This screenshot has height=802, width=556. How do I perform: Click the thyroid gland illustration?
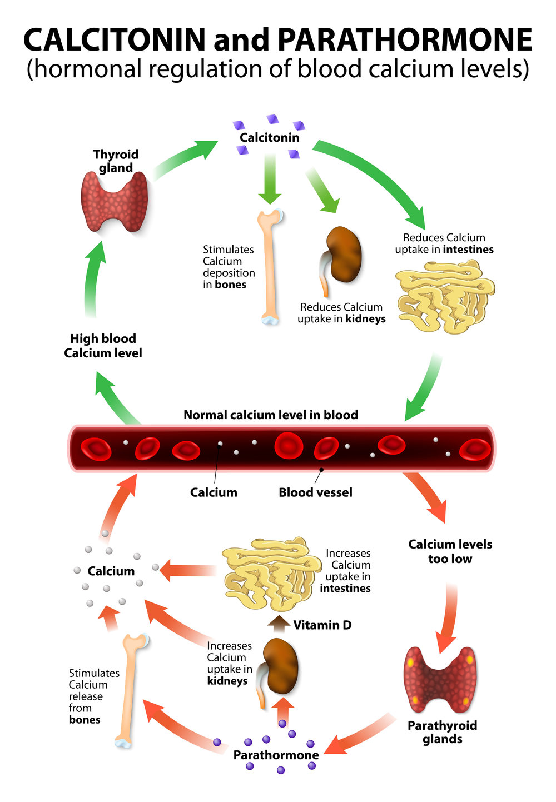coord(115,202)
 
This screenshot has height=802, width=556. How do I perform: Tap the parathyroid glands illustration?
coord(440,679)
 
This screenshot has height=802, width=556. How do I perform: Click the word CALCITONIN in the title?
coord(115,40)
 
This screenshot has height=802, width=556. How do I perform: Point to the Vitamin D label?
coord(322,625)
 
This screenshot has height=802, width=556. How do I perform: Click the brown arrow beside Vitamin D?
coord(279,624)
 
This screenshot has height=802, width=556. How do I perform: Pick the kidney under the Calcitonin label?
coord(342,256)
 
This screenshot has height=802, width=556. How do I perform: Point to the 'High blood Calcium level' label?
coord(103,346)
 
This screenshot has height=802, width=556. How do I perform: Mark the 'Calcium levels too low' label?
coord(450,551)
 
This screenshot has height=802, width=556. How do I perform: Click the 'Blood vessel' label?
coord(315,492)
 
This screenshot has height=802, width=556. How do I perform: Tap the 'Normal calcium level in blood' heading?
coord(271,415)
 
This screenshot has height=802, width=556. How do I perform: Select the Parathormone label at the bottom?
coord(276,755)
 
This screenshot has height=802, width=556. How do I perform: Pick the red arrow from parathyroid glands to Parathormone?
coord(361,734)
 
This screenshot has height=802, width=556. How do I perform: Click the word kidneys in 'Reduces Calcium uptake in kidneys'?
coord(365,319)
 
